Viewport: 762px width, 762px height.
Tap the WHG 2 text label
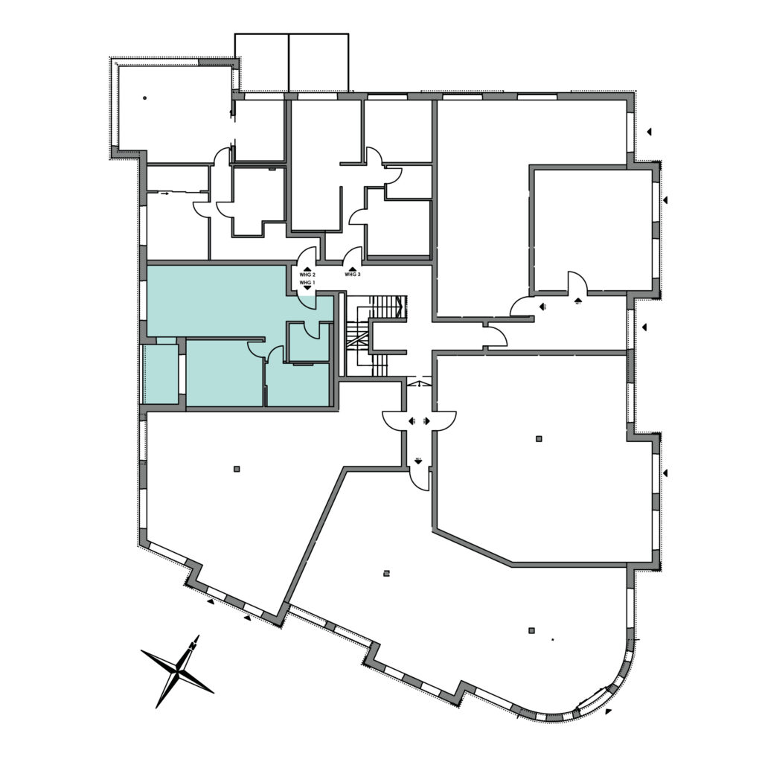(307, 275)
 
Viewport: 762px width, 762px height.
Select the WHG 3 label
(352, 275)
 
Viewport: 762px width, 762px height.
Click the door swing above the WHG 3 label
(353, 256)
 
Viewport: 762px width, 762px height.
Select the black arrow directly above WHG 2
(307, 268)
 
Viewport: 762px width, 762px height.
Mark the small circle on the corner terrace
(144, 97)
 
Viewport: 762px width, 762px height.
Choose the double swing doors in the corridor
(419, 421)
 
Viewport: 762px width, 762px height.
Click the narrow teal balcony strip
(160, 374)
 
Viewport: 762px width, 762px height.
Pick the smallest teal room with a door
(309, 343)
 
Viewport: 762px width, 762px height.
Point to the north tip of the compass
(197, 637)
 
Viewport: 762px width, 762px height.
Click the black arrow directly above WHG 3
(352, 268)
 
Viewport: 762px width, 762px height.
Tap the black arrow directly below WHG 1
(307, 289)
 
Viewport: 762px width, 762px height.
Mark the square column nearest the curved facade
(531, 630)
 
